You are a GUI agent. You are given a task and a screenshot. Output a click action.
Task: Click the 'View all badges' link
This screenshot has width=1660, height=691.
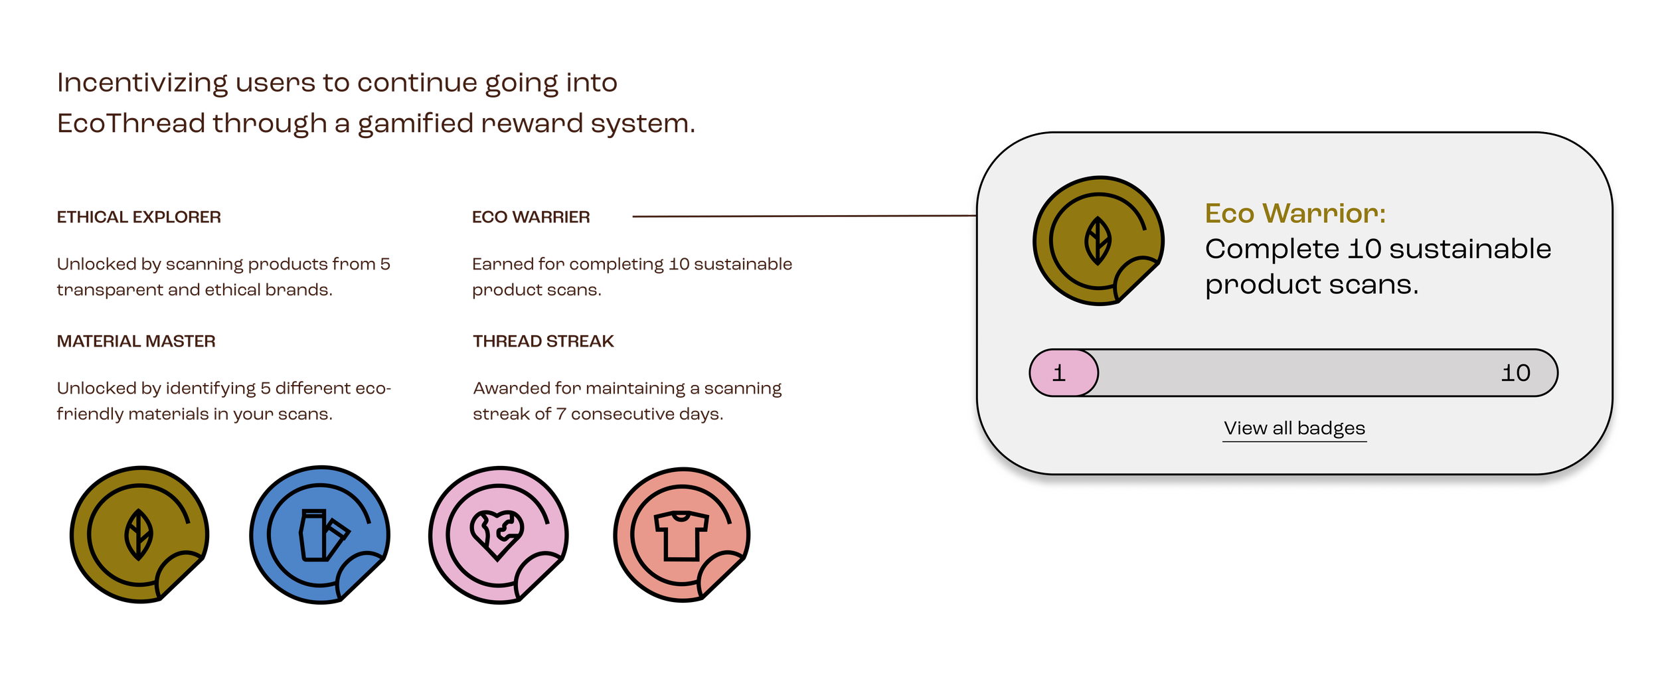pyautogui.click(x=1294, y=428)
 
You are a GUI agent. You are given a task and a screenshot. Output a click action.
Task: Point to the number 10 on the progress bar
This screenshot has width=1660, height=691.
pyautogui.click(x=1515, y=373)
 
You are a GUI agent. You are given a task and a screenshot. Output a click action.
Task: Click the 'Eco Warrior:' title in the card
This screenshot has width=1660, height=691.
pyautogui.click(x=1295, y=214)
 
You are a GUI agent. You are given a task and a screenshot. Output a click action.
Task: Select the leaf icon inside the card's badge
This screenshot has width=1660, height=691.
pyautogui.click(x=1098, y=241)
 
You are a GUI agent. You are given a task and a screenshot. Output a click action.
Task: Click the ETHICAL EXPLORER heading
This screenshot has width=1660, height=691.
pyautogui.click(x=139, y=217)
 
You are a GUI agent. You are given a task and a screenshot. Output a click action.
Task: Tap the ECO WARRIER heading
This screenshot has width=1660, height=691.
pyautogui.click(x=531, y=217)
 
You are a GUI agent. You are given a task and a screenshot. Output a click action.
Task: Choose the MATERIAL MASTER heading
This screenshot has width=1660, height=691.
pyautogui.click(x=136, y=341)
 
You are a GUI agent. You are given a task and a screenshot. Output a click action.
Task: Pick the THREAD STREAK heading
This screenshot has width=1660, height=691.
pyautogui.click(x=543, y=341)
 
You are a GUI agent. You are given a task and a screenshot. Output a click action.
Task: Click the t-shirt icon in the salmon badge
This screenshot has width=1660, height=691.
pyautogui.click(x=681, y=535)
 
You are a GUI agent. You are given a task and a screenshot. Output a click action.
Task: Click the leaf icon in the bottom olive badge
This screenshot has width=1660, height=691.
pyautogui.click(x=139, y=534)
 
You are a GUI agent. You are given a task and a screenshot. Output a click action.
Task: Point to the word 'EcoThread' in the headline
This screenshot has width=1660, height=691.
pyautogui.click(x=131, y=123)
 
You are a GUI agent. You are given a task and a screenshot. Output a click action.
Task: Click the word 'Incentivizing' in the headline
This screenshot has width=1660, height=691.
pyautogui.click(x=143, y=83)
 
